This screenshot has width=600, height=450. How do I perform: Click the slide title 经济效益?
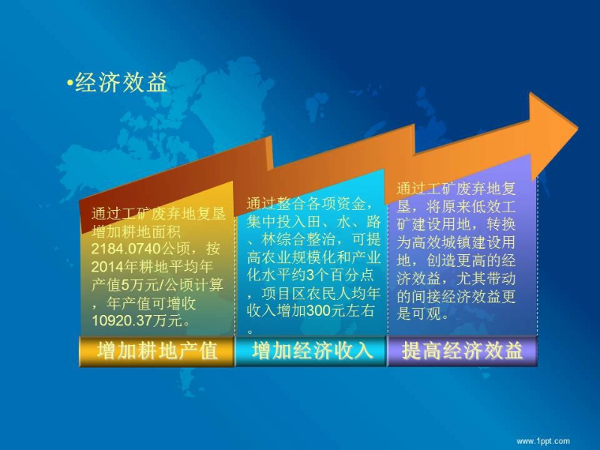pos(121,82)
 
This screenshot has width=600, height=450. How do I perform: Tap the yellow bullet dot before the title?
pos(70,82)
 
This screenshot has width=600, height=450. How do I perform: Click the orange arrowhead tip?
pos(577,127)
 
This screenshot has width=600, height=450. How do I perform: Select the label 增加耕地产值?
pos(157,351)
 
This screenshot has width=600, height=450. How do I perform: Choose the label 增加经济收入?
pos(312,351)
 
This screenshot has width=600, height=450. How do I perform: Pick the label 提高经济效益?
pos(462,351)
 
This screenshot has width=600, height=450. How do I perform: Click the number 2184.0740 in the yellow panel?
pos(126,249)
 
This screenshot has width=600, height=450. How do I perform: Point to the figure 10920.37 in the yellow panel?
pos(121,321)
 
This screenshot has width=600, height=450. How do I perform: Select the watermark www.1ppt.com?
pos(543,441)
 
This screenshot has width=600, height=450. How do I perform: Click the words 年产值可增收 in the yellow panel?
pos(151,303)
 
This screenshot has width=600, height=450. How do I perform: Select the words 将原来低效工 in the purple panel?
pos(471,207)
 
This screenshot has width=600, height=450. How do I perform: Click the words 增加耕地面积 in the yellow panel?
pos(136,232)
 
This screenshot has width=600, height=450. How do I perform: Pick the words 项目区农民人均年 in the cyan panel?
pos(321,293)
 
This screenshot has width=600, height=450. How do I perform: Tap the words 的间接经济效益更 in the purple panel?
pos(456,296)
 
